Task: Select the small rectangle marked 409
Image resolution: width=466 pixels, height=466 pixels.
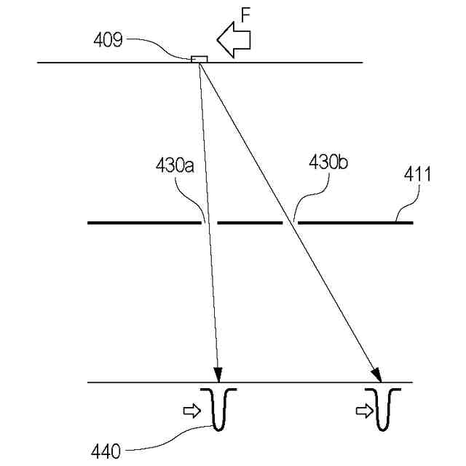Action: [199, 59]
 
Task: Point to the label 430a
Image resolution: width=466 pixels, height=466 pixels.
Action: [174, 165]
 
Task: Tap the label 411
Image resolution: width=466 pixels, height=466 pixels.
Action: [417, 175]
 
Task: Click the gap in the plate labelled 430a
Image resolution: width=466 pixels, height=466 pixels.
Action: [209, 221]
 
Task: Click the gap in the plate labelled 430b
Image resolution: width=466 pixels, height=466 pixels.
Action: [291, 221]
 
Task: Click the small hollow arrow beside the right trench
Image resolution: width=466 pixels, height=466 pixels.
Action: [363, 411]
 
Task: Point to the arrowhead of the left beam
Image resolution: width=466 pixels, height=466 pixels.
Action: [218, 374]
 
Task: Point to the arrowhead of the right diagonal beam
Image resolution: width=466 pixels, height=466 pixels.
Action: [377, 374]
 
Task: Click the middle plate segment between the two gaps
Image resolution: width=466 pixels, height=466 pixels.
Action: [250, 221]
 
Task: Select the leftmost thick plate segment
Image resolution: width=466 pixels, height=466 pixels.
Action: [143, 221]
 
